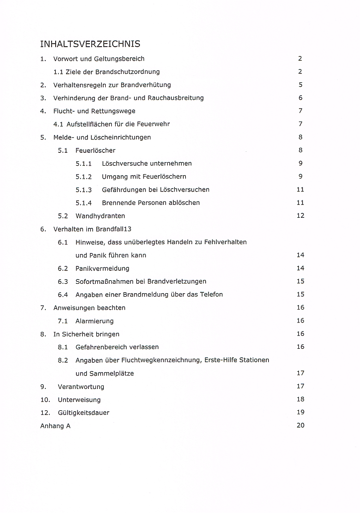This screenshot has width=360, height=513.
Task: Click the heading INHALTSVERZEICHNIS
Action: tap(90, 44)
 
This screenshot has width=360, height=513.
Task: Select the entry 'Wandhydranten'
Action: tap(100, 216)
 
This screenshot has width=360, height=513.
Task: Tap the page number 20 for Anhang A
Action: tap(300, 425)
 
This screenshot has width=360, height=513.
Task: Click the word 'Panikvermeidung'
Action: tap(102, 268)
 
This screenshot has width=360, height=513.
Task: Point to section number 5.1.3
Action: tap(83, 190)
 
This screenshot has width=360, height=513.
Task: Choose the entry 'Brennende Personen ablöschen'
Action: tap(151, 202)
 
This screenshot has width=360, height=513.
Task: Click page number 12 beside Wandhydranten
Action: tap(300, 216)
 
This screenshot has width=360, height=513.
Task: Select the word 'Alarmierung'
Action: tap(94, 321)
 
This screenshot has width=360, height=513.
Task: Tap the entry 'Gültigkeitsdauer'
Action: tap(83, 413)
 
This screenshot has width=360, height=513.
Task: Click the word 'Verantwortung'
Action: tap(81, 386)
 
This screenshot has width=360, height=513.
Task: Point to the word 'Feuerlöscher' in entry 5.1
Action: tap(95, 150)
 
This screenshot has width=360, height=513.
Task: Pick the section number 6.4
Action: tap(63, 295)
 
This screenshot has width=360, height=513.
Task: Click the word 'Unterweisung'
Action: tap(79, 399)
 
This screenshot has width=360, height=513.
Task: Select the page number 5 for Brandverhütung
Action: tap(300, 85)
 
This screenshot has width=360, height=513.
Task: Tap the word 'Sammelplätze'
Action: tap(105, 374)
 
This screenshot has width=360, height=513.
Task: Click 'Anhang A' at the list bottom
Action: tap(55, 426)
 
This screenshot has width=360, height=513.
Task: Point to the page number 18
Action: tap(300, 399)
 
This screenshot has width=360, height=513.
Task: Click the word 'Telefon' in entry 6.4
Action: tap(211, 295)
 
